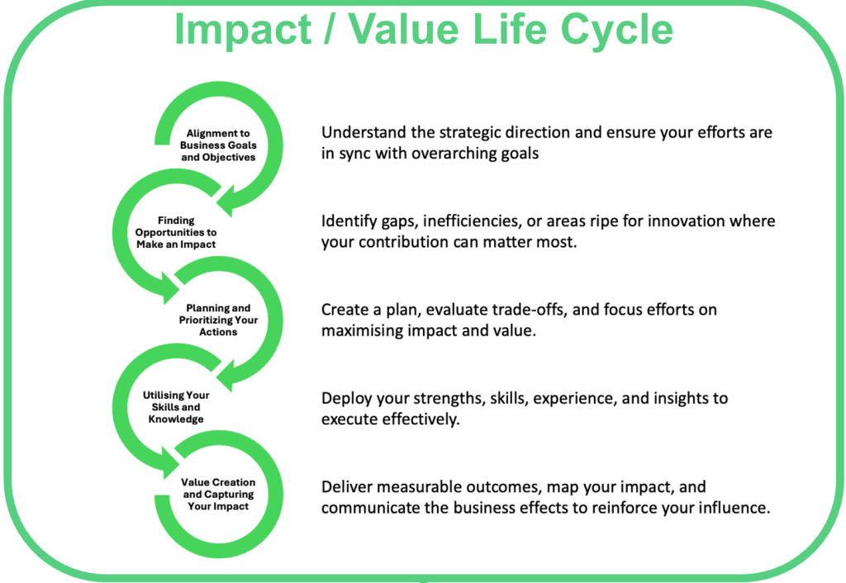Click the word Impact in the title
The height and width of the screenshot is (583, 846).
[x=243, y=31]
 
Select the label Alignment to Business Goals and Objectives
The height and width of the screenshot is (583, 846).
[x=218, y=145]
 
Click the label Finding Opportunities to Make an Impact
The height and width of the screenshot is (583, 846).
[x=176, y=232]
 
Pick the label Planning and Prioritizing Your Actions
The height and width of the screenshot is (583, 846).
[x=218, y=320]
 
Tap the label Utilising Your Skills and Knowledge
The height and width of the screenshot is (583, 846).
[x=176, y=407]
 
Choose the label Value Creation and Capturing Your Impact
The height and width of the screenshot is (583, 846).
[x=218, y=494]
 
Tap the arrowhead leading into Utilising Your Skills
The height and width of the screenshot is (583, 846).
[x=227, y=376]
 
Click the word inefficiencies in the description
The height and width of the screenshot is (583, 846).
[x=473, y=221]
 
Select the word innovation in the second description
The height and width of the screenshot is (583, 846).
[x=686, y=221]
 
